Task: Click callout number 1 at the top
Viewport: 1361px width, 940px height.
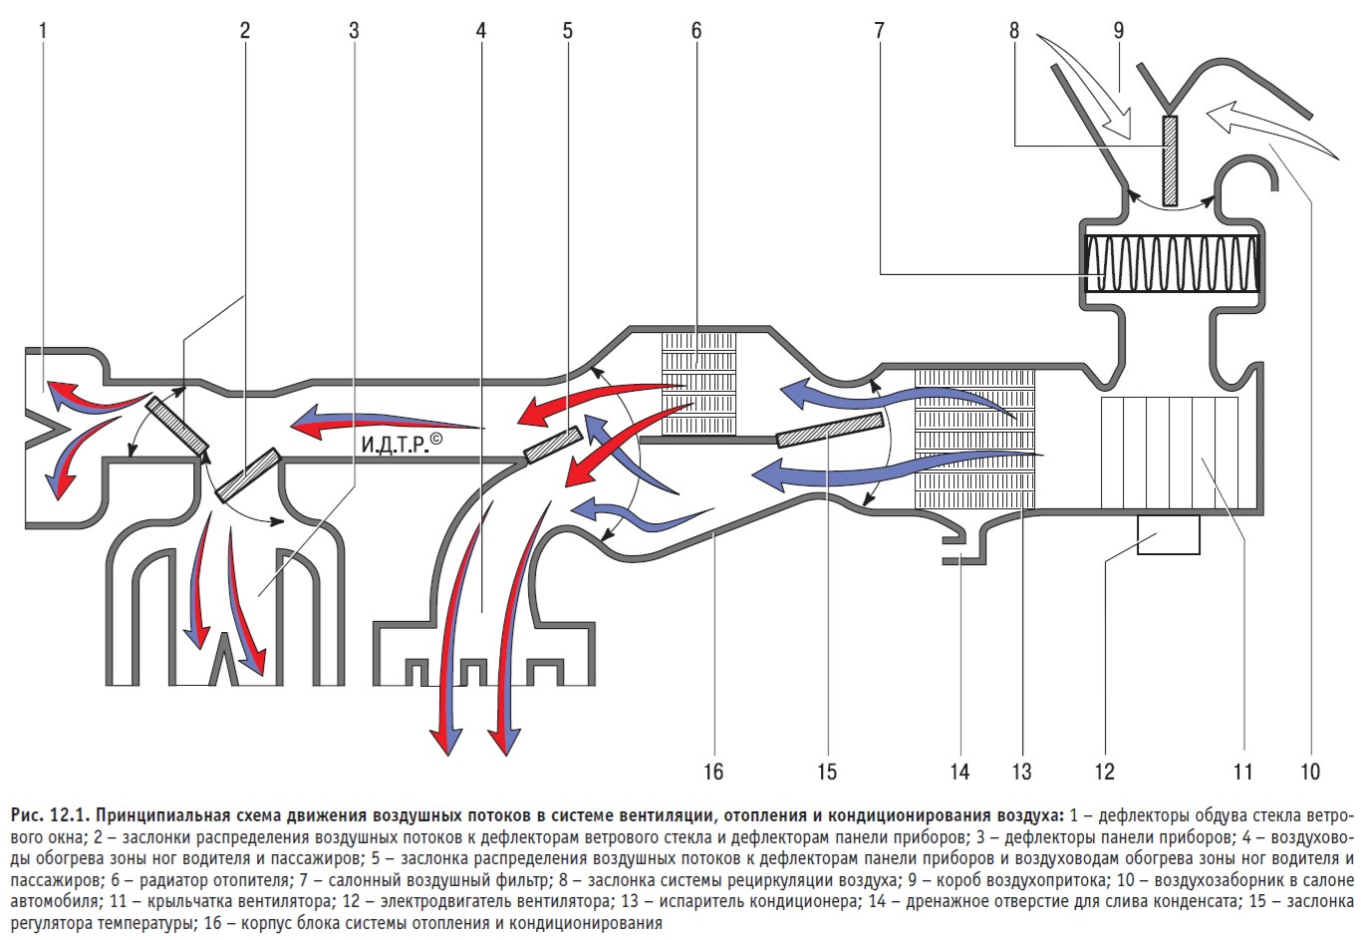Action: coord(43,30)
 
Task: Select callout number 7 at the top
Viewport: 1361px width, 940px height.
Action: coord(879,30)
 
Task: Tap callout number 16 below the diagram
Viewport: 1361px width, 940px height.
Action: coord(712,771)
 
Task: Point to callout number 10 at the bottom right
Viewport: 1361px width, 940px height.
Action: coord(1309,771)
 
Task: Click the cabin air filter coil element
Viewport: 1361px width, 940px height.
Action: coord(1172,264)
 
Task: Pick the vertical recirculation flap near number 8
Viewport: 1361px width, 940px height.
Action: coord(1170,159)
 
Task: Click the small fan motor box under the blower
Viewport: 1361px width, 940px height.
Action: coord(1168,534)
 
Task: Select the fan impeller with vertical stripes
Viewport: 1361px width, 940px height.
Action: coord(1170,453)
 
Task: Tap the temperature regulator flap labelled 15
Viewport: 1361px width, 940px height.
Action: coord(830,430)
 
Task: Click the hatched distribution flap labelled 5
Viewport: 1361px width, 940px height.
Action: coord(553,445)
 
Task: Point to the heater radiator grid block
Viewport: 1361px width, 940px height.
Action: coord(699,383)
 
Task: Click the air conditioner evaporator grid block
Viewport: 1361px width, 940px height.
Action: coord(974,439)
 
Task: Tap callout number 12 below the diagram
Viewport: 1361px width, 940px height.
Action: coord(1104,771)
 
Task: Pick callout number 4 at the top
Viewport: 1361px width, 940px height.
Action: coord(481,30)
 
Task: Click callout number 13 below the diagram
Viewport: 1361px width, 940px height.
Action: coord(1021,771)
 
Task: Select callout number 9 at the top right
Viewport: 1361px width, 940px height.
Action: coord(1119,30)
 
